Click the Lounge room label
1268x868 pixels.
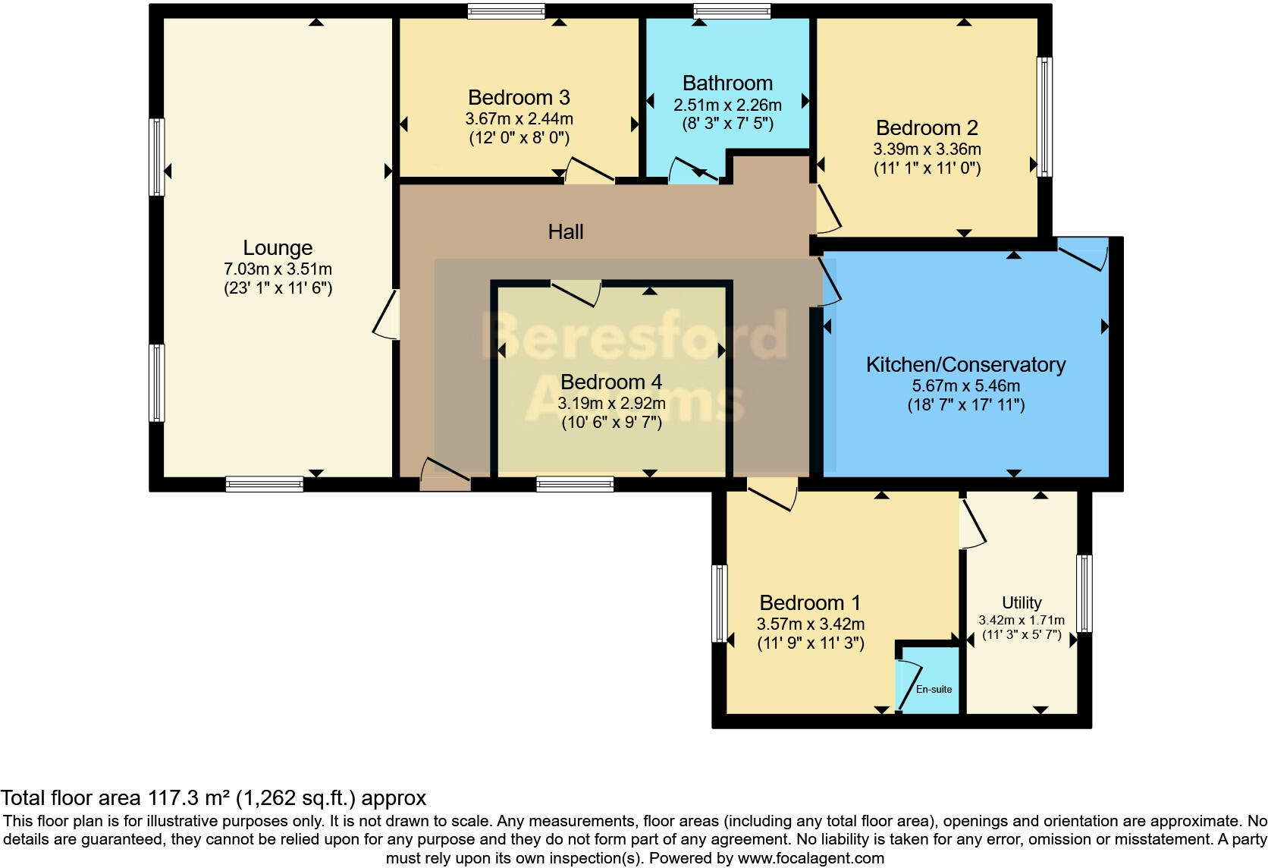(278, 248)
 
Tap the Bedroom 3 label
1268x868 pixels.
(519, 97)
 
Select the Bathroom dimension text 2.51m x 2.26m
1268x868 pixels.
(727, 105)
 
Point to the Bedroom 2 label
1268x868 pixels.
(927, 128)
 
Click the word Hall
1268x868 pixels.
(566, 231)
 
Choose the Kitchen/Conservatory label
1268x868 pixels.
(965, 365)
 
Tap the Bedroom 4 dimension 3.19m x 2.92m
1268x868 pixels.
(611, 403)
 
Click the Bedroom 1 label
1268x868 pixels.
(810, 602)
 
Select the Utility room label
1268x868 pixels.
(1022, 602)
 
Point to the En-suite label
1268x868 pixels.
(934, 689)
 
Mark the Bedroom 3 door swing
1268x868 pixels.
(589, 169)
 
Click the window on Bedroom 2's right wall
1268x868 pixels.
(1044, 117)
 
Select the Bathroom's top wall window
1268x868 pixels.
(732, 11)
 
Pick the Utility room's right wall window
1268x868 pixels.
(1084, 593)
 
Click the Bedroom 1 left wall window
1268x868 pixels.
(720, 604)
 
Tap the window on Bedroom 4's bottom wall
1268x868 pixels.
(575, 484)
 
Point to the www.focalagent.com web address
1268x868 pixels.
(811, 858)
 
